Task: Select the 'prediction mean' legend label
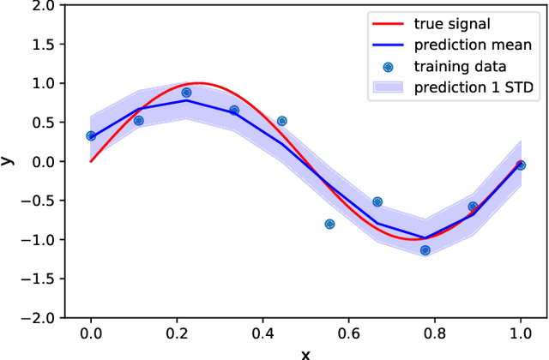[471, 45]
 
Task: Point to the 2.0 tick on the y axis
[43, 6]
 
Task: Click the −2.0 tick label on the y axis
[39, 317]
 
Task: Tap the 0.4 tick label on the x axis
[262, 336]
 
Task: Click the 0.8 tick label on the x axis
[434, 336]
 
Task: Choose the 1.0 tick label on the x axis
[520, 336]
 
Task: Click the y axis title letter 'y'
[8, 161]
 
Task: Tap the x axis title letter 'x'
[305, 353]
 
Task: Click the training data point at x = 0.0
[91, 135]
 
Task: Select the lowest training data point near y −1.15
[425, 250]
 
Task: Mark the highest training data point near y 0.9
[186, 93]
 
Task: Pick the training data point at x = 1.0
[520, 165]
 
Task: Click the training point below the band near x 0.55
[329, 224]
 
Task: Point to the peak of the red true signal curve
[199, 83]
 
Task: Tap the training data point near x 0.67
[377, 202]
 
